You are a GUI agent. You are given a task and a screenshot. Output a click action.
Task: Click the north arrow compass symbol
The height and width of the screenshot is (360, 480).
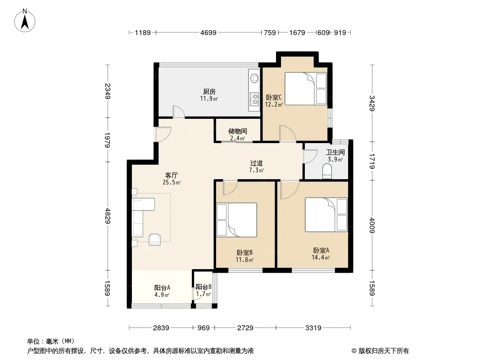click(x=25, y=20)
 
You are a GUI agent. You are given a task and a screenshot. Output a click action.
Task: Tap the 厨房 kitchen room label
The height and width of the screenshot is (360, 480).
click(x=209, y=91)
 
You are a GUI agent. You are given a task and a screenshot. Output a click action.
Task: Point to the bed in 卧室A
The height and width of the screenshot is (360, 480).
click(x=326, y=215)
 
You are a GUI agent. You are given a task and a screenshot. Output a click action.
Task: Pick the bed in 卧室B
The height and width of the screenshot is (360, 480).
click(x=237, y=220)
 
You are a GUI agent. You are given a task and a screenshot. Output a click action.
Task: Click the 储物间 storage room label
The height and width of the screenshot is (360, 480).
click(x=238, y=131)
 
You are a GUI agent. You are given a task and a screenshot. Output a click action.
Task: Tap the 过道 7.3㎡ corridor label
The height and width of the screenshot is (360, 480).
click(x=257, y=166)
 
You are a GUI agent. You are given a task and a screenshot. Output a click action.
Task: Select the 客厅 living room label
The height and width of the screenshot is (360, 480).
click(x=171, y=175)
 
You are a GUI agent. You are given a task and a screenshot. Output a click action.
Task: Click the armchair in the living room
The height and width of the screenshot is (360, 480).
click(x=154, y=239)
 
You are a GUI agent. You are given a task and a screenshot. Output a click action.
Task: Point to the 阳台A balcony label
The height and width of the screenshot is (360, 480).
click(x=162, y=288)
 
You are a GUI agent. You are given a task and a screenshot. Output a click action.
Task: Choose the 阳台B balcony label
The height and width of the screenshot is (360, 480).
click(x=204, y=287)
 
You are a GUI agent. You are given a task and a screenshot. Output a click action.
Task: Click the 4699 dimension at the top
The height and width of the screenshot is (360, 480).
click(x=208, y=32)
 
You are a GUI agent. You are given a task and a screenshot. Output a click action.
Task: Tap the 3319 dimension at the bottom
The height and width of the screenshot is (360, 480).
click(x=313, y=328)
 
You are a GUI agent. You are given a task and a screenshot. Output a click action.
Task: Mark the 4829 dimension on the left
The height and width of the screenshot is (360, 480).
click(x=108, y=216)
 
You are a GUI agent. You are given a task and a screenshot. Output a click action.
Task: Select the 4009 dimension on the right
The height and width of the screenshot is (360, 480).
click(x=372, y=225)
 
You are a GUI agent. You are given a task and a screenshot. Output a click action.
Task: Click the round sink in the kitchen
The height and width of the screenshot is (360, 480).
click(x=254, y=78)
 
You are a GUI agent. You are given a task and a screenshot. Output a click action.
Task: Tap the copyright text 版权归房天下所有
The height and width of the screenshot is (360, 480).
click(x=383, y=351)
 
